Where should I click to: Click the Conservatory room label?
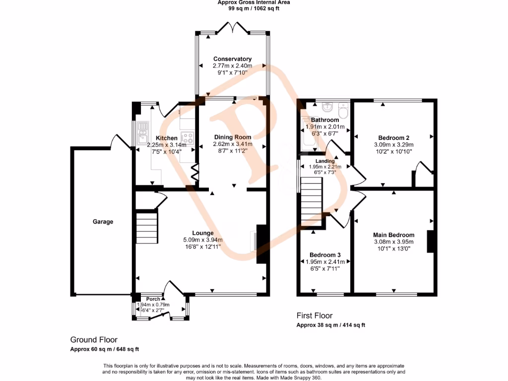tap(232, 59)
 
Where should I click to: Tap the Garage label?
tap(103, 222)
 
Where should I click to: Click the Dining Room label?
tap(232, 137)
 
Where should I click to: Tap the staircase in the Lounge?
tap(147, 227)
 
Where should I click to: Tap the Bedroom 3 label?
tap(325, 254)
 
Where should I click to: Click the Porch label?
tap(153, 299)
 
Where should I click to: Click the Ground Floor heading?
tap(94, 340)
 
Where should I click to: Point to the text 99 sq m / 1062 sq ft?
tap(254, 8)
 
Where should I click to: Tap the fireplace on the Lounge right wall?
tap(259, 244)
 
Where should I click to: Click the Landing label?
tap(325, 161)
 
